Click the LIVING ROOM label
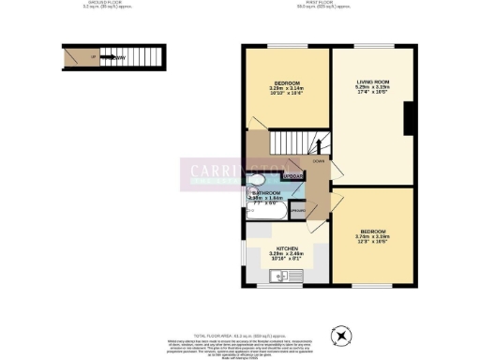tap(372, 83)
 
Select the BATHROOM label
tap(265, 192)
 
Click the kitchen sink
tap(278, 275)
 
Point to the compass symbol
tap(341, 335)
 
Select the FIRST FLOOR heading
tap(323, 3)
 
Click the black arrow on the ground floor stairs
tap(121, 58)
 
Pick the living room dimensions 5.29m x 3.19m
tap(372, 89)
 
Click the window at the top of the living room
tap(372, 46)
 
